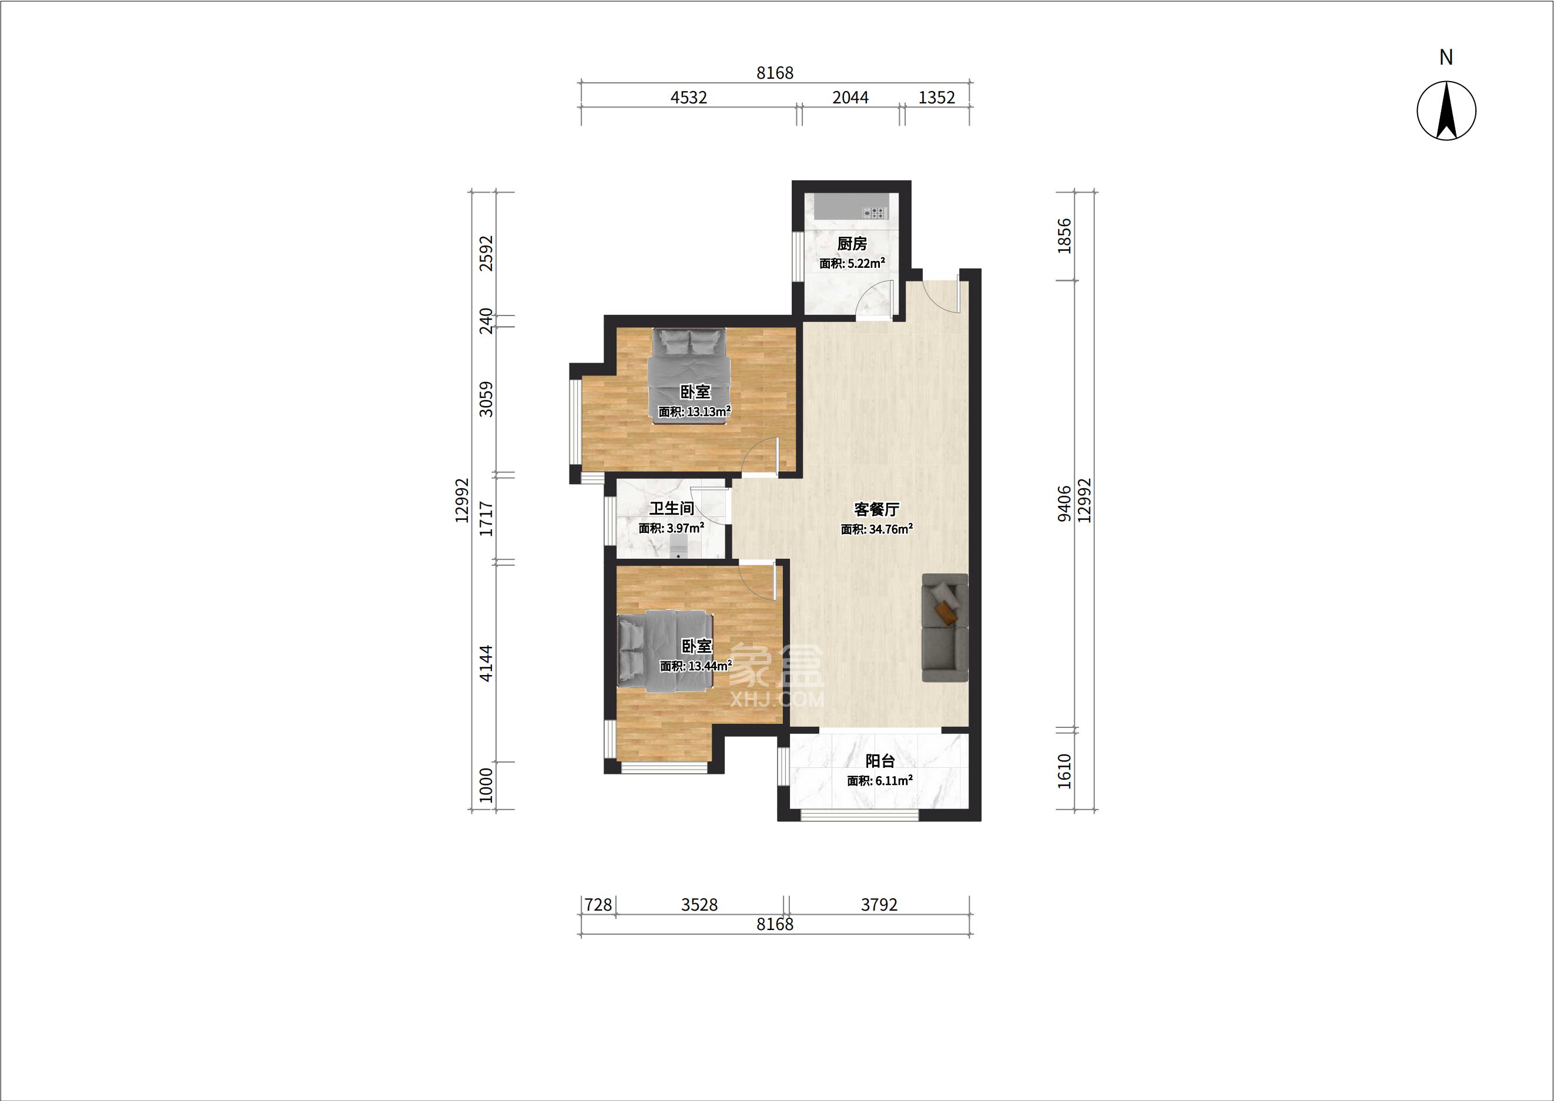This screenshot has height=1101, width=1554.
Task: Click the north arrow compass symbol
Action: [x=1446, y=110]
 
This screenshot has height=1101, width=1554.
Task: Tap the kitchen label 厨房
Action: [x=852, y=243]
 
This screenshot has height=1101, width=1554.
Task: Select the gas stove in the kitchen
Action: [x=875, y=213]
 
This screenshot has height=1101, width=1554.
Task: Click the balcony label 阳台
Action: [x=880, y=761]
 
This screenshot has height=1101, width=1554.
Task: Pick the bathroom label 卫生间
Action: [x=672, y=508]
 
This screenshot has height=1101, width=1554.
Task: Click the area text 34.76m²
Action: [x=890, y=529]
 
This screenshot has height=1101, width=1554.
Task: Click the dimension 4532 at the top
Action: [x=688, y=98]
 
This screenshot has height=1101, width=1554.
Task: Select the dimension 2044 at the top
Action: [x=850, y=98]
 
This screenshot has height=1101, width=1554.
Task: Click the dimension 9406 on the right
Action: [x=1064, y=503]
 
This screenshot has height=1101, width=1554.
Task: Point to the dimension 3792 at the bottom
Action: [x=879, y=904]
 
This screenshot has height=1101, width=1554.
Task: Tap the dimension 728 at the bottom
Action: [x=598, y=904]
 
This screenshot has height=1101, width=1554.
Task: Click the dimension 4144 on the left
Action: [x=486, y=663]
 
